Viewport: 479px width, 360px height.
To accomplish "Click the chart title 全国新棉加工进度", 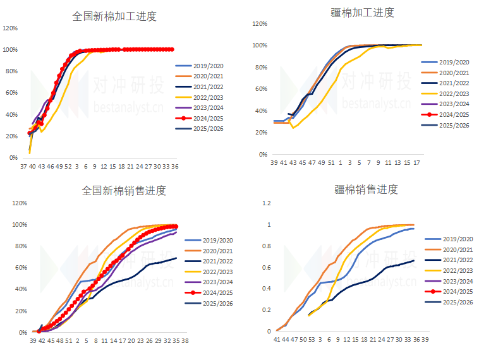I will (114, 16).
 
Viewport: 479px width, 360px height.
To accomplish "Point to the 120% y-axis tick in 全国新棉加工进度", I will (10, 28).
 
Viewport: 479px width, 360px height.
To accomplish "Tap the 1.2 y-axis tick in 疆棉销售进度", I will (266, 203).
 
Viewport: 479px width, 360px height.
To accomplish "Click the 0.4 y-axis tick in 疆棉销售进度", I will (266, 289).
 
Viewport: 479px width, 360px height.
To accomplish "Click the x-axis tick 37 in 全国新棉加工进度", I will (23, 167).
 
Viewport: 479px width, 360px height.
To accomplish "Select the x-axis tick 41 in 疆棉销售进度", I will (277, 340).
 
